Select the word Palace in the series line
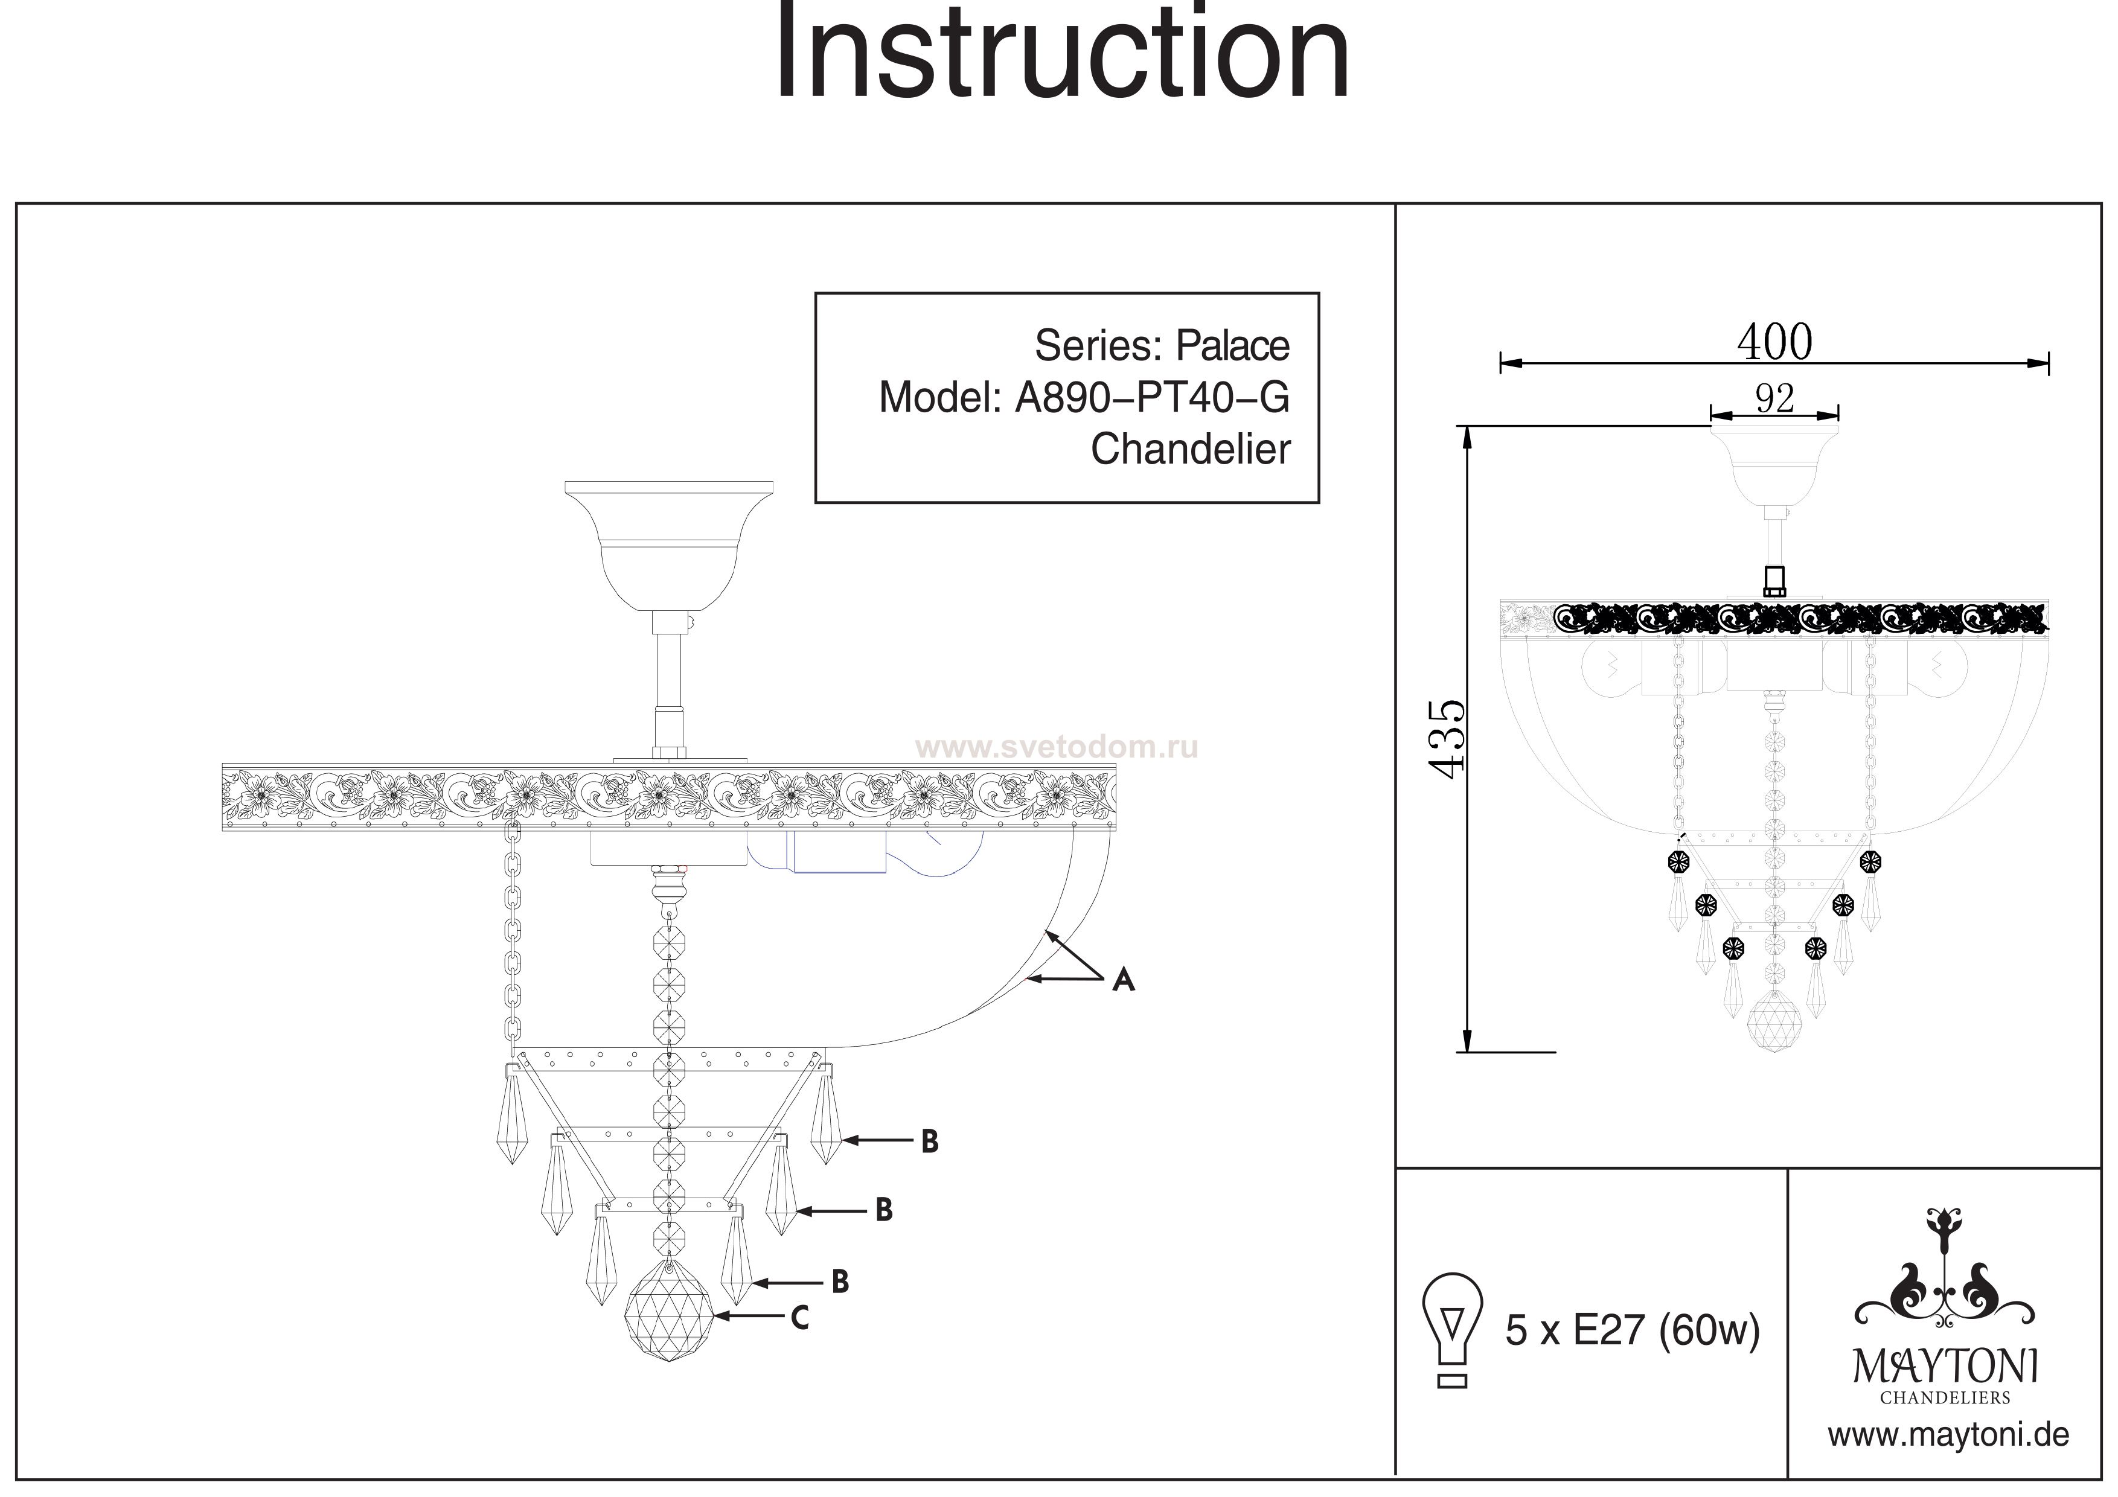(x=1232, y=346)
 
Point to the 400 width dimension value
(x=1774, y=342)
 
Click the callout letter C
(x=800, y=1318)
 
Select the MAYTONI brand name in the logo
(x=1945, y=1367)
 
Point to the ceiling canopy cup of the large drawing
(x=669, y=544)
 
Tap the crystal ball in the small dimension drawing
(x=1774, y=1023)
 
